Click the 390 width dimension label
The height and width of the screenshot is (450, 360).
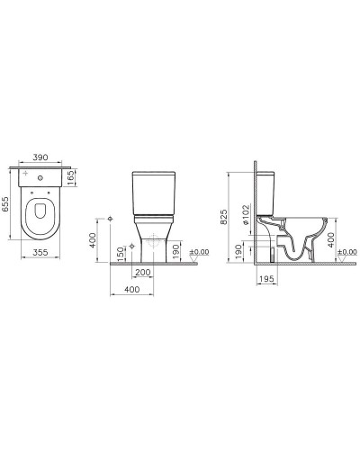pos(41,157)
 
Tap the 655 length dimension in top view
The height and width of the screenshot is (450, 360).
pos(8,203)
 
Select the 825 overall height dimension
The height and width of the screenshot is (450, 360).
pos(235,214)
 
